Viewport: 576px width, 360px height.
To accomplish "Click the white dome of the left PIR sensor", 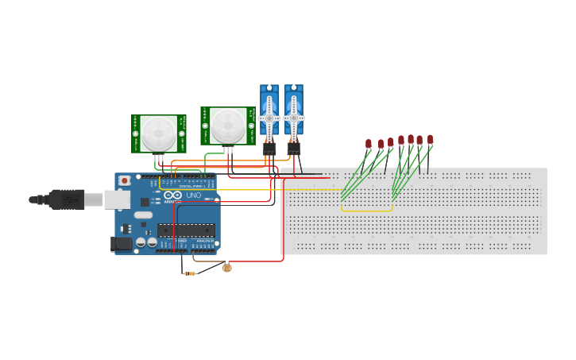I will tap(160, 129).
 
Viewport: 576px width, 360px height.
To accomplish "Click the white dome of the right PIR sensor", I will tap(228, 123).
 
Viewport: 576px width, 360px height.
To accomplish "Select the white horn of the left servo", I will tap(269, 118).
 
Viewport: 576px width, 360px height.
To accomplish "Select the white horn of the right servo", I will tap(294, 118).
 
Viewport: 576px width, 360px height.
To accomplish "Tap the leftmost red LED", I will tap(369, 144).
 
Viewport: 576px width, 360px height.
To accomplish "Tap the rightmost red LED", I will tap(430, 139).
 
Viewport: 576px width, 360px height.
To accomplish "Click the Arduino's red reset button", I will tap(125, 181).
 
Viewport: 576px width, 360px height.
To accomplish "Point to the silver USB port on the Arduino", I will tap(117, 199).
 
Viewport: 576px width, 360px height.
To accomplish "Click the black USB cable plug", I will tap(68, 199).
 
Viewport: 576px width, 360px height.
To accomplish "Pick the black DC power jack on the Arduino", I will tap(122, 244).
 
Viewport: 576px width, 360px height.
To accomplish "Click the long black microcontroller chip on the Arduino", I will tap(186, 230).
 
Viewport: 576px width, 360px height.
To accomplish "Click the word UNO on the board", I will tap(194, 195).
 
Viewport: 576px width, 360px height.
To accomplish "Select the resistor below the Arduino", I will tap(190, 273).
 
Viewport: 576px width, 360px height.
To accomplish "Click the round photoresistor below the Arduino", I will tap(227, 268).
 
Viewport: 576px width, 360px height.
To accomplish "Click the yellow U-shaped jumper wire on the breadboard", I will tap(367, 211).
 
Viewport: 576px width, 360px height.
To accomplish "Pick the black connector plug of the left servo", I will tap(269, 148).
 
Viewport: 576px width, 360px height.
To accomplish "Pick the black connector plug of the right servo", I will tap(294, 148).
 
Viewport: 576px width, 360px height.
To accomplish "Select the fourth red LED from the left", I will tap(401, 140).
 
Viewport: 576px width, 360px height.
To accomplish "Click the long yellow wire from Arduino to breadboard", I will tap(262, 190).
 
